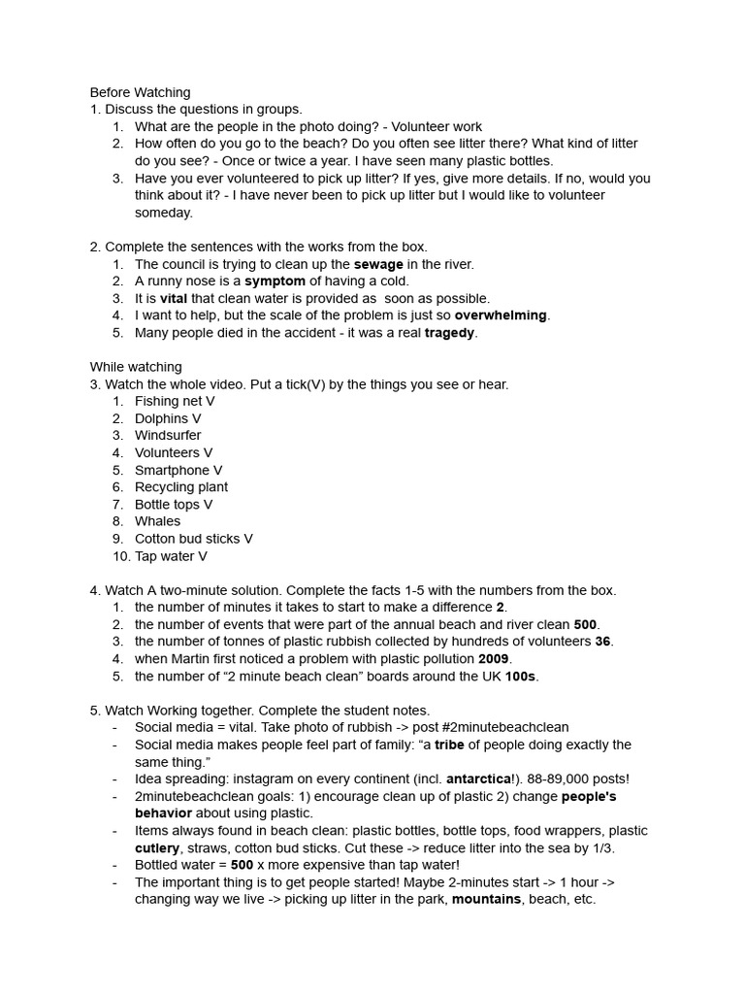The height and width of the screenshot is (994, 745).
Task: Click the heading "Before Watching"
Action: click(140, 92)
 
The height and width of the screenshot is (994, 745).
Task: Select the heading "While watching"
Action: click(136, 367)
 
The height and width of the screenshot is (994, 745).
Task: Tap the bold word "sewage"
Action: click(378, 264)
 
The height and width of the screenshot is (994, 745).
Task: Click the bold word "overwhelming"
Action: click(501, 315)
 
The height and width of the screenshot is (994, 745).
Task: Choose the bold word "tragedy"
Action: click(450, 333)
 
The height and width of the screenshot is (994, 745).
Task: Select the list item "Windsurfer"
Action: click(168, 436)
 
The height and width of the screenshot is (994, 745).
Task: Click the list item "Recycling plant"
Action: click(181, 487)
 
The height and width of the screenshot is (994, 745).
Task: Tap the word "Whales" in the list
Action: click(157, 521)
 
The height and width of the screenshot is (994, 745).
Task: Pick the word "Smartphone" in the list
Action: click(172, 470)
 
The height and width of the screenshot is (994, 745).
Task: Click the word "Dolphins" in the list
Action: click(162, 418)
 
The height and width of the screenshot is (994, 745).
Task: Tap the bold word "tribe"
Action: click(449, 745)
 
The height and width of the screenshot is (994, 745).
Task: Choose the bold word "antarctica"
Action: click(478, 779)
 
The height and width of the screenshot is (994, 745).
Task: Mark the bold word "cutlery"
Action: click(157, 847)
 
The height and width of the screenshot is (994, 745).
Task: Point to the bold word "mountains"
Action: click(486, 899)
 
